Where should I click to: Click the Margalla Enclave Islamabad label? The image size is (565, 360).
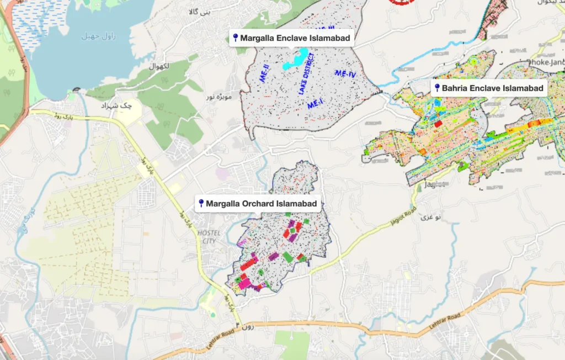295,38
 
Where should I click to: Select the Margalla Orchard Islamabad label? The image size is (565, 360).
261,204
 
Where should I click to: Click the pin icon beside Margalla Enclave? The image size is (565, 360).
236,38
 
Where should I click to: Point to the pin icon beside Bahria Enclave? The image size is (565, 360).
437,88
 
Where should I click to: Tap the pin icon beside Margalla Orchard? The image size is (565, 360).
201,204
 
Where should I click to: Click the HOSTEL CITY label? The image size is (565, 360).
209,237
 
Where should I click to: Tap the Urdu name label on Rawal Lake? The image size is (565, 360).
93,36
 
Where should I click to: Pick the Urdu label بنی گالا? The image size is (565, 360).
199,12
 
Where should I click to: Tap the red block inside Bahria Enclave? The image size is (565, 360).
438,124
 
